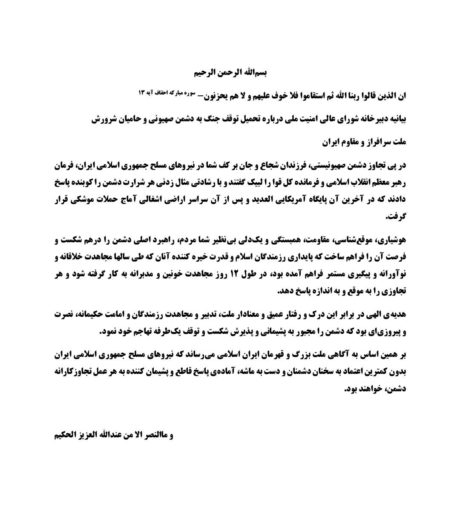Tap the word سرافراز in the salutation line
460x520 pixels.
(375, 142)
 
